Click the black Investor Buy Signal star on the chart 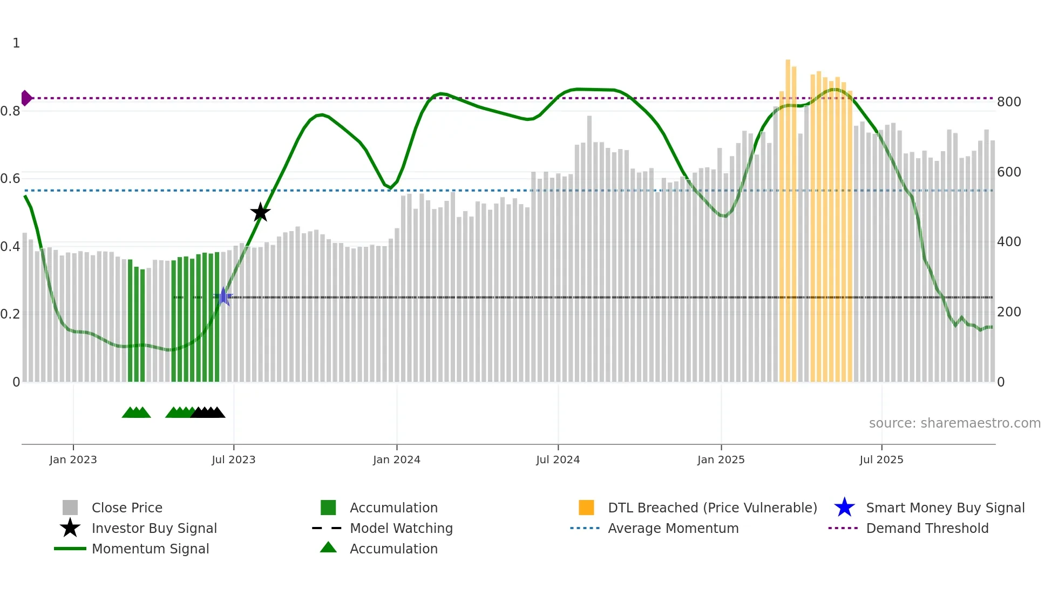(x=260, y=212)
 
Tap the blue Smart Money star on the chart (x=224, y=296)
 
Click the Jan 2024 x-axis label (x=396, y=459)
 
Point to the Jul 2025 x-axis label (x=881, y=459)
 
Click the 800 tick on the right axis (x=1008, y=102)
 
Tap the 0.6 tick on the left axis (x=11, y=179)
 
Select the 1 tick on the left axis (x=16, y=43)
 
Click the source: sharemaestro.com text (x=954, y=423)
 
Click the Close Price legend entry (x=127, y=508)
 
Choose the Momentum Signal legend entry (x=150, y=549)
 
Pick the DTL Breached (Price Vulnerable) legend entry (x=712, y=508)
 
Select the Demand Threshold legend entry (x=927, y=528)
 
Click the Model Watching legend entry (x=401, y=528)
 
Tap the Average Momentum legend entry (x=673, y=528)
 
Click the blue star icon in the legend (x=844, y=508)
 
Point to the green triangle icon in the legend (x=328, y=547)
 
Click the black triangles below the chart (x=208, y=413)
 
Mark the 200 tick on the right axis (x=1008, y=312)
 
